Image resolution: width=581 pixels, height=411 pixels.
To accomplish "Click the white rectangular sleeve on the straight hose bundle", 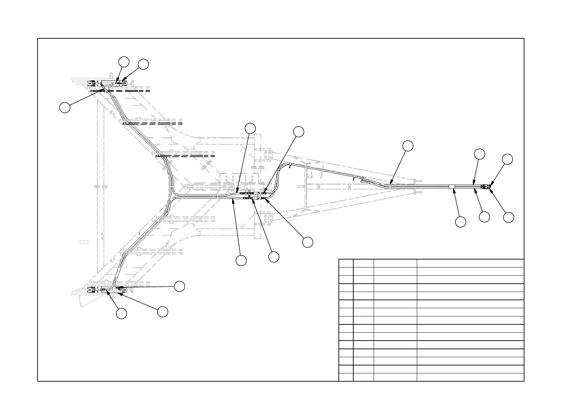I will click(x=452, y=187).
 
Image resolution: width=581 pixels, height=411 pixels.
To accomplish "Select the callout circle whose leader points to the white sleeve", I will click(x=460, y=222).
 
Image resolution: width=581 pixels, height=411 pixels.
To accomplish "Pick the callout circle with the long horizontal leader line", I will click(x=179, y=286).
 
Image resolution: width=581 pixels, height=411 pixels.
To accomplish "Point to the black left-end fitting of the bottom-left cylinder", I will click(x=92, y=290).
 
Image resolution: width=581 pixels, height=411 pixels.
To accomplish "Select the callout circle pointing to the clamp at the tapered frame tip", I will click(x=408, y=146).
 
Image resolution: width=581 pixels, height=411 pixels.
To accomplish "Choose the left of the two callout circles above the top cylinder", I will click(x=124, y=62).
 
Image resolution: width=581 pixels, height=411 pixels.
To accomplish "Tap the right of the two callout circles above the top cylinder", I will click(x=143, y=64).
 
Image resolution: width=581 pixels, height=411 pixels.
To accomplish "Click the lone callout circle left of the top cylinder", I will click(x=65, y=107).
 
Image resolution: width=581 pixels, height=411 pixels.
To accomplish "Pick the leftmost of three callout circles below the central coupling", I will click(x=241, y=261).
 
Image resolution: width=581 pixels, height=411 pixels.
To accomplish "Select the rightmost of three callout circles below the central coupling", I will click(x=307, y=242).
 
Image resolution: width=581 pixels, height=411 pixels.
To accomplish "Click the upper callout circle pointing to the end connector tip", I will click(x=507, y=159).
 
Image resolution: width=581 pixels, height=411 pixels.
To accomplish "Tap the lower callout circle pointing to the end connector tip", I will click(x=508, y=217).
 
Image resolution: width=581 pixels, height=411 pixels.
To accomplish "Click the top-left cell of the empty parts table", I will click(x=346, y=263).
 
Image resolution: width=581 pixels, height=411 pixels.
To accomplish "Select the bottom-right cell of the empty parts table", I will click(x=470, y=377).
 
